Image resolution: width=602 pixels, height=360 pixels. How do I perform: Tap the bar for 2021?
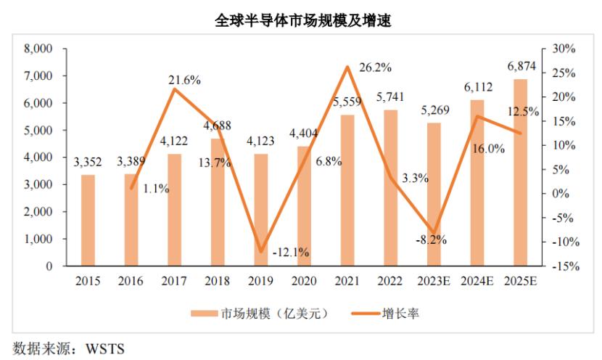[347, 190]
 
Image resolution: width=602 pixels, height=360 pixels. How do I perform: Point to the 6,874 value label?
[521, 67]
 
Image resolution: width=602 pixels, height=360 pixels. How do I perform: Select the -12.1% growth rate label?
[291, 253]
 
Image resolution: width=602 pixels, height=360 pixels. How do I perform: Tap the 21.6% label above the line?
[184, 80]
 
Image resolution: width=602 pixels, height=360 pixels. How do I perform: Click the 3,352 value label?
[88, 163]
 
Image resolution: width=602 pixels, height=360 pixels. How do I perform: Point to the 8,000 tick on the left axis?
[39, 49]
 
